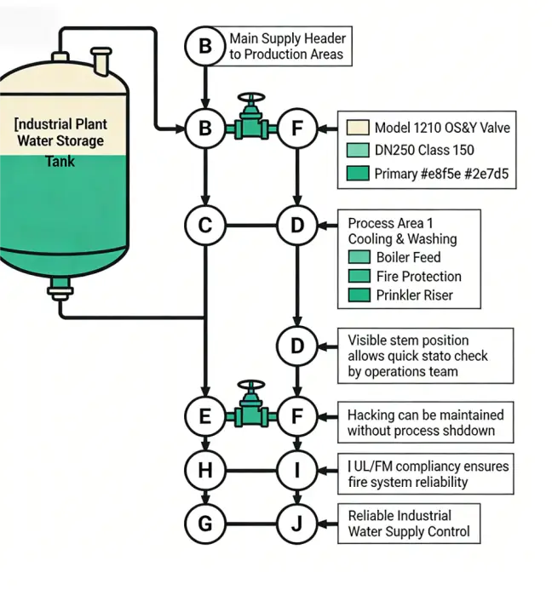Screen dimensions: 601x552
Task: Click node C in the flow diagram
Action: [x=204, y=226]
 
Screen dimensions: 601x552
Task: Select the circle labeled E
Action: [x=204, y=415]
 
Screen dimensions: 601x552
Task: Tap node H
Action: [x=204, y=469]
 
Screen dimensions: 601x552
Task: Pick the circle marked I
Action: [x=296, y=469]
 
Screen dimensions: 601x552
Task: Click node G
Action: [x=204, y=523]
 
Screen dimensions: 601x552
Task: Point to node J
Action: [x=296, y=523]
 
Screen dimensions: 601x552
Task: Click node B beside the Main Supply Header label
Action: [x=204, y=45]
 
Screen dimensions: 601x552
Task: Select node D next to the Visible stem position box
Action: [x=296, y=346]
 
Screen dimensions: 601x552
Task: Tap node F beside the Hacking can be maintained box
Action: [x=296, y=415]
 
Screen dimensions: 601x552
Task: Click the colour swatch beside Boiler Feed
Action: [x=360, y=257]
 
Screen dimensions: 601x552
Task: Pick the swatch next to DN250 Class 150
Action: [x=359, y=151]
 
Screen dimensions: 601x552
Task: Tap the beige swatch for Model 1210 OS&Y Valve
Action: [x=359, y=128]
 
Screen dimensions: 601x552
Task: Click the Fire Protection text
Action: [x=418, y=276]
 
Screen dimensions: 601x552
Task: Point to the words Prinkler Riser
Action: [x=414, y=295]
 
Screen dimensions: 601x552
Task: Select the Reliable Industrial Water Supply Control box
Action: [x=408, y=524]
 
